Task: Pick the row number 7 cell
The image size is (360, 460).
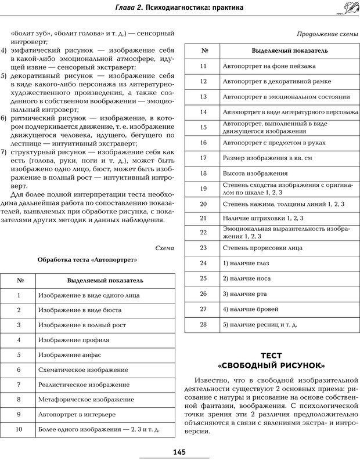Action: (x=19, y=385)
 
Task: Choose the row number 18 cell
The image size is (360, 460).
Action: (x=203, y=173)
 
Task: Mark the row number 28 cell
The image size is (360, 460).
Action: (x=203, y=324)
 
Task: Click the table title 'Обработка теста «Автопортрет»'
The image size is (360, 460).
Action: (x=87, y=260)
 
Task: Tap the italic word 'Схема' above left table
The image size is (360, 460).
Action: (x=164, y=248)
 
